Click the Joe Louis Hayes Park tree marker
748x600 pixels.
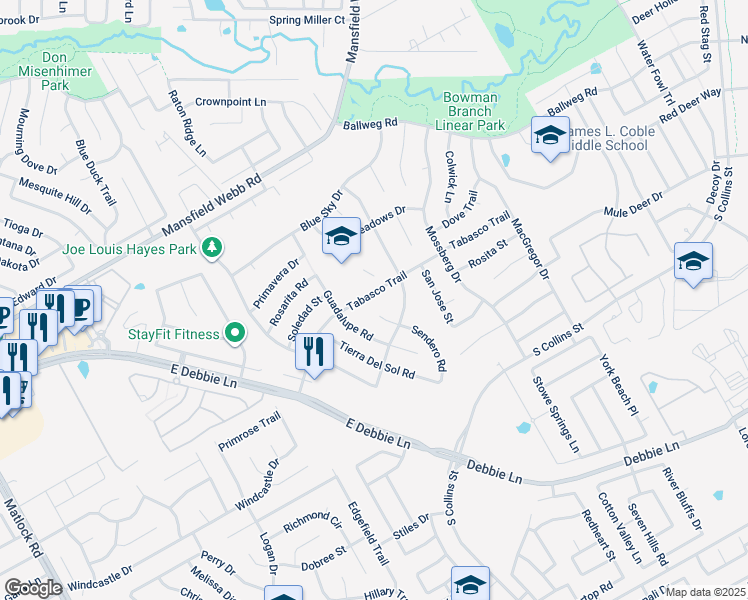(212, 246)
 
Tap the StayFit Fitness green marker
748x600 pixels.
(235, 333)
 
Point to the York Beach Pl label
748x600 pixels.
(617, 384)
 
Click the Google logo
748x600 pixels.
(33, 588)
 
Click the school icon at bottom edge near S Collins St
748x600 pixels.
(470, 585)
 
